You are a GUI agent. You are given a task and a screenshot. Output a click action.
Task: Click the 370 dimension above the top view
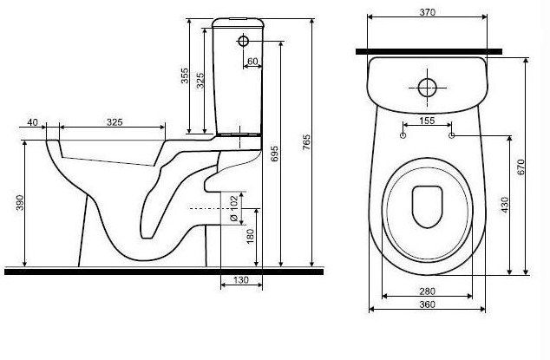(427, 12)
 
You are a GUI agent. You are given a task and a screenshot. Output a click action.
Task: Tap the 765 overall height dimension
(306, 142)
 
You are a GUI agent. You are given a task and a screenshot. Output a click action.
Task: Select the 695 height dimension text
(275, 154)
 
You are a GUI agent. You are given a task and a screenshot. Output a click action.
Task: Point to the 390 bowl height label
(20, 203)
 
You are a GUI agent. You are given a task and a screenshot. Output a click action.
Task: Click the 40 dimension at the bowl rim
(32, 122)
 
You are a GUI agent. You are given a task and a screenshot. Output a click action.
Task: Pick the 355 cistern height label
(185, 75)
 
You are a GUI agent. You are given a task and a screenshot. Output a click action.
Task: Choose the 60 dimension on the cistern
(252, 62)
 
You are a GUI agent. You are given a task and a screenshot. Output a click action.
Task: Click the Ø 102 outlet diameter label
(234, 209)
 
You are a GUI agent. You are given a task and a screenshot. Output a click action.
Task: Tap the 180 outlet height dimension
(250, 236)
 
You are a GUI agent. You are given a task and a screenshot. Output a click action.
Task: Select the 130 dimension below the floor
(241, 280)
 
